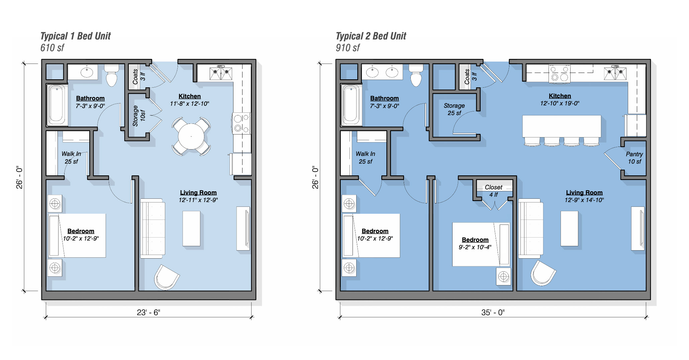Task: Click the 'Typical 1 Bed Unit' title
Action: click(76, 36)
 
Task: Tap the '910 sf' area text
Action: click(348, 48)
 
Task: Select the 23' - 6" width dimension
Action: click(149, 312)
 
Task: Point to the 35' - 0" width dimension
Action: click(493, 312)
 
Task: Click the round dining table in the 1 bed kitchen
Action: click(191, 137)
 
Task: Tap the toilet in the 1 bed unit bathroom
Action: click(112, 75)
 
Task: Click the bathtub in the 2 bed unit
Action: click(351, 105)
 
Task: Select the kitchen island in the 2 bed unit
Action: click(562, 126)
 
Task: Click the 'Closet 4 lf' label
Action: click(494, 191)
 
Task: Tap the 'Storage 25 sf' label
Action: click(454, 109)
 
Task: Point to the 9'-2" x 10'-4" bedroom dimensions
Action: click(475, 247)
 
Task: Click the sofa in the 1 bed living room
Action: click(153, 229)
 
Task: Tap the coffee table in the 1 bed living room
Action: click(192, 229)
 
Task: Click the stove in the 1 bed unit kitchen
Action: click(241, 123)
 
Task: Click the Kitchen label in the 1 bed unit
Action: click(190, 96)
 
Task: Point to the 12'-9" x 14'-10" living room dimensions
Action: click(584, 200)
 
